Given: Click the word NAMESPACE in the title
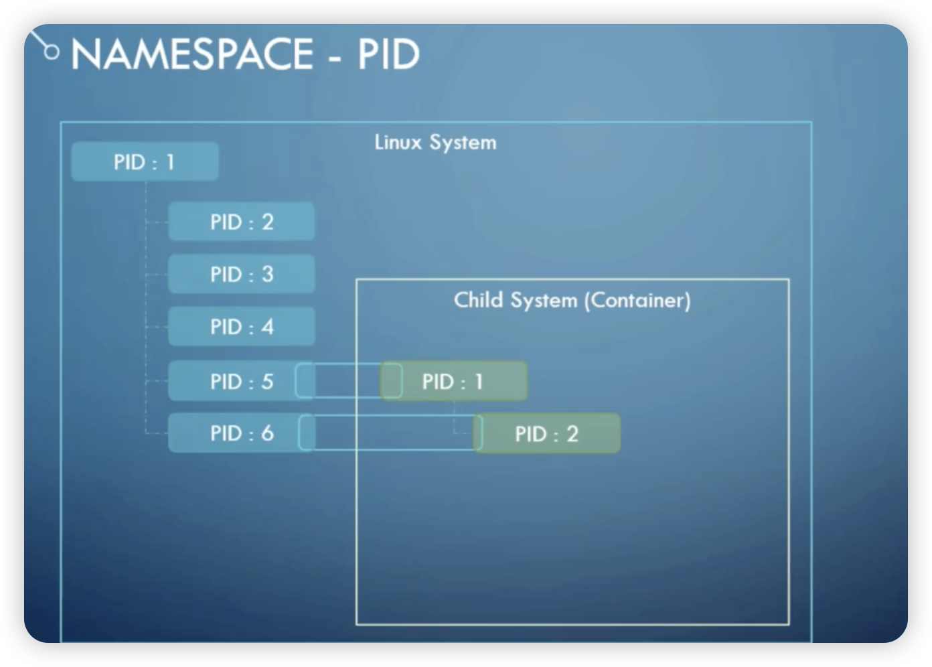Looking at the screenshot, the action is pyautogui.click(x=191, y=54).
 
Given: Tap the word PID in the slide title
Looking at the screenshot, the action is pyautogui.click(x=388, y=54).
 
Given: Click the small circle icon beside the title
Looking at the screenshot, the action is pyautogui.click(x=52, y=52).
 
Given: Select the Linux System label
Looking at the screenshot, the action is pyautogui.click(x=436, y=142).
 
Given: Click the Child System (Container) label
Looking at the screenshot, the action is pyautogui.click(x=572, y=301).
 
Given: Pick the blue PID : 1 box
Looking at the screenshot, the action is pyautogui.click(x=145, y=161).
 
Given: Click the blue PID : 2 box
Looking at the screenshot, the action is pyautogui.click(x=241, y=222).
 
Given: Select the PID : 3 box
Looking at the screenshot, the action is pyautogui.click(x=241, y=274).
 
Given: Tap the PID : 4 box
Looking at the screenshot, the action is pyautogui.click(x=241, y=326).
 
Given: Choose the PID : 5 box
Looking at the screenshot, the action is pyautogui.click(x=241, y=381).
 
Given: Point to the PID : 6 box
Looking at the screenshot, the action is pyautogui.click(x=241, y=433).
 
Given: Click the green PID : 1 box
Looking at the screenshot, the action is pyautogui.click(x=453, y=381).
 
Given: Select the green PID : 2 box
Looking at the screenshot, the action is pyautogui.click(x=547, y=433).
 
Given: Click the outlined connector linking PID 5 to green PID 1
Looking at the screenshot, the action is pyautogui.click(x=349, y=363).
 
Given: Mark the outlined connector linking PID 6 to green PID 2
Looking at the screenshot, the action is pyautogui.click(x=390, y=415).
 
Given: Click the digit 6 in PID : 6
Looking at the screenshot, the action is pyautogui.click(x=268, y=433).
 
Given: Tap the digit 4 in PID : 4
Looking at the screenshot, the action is pyautogui.click(x=268, y=327).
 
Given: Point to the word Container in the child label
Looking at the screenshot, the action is pyautogui.click(x=638, y=301).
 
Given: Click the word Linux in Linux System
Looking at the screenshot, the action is pyautogui.click(x=398, y=142).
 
